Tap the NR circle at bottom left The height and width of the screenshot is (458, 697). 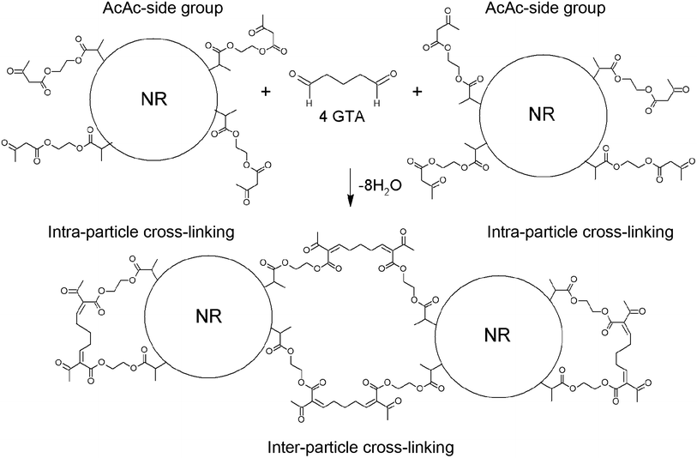tap(204, 316)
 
